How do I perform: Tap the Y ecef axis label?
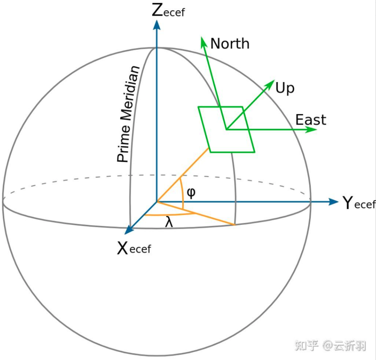359,203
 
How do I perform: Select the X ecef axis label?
134,249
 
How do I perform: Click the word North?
230,44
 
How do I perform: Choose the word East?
310,120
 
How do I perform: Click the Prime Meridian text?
128,114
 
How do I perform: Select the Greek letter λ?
169,222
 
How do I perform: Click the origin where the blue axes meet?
156,201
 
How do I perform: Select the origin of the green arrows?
226,129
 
